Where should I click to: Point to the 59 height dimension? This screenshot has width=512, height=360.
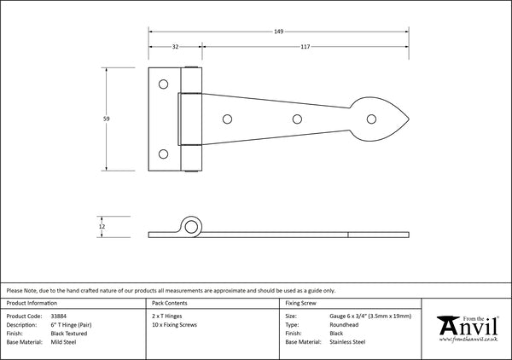point(105,120)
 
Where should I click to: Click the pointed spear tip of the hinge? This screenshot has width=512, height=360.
point(411,120)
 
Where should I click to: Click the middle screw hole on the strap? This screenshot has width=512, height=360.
point(297,120)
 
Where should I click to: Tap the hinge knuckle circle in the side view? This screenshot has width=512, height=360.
point(191,226)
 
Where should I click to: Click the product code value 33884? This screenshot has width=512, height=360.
point(61,314)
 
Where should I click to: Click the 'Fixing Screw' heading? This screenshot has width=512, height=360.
point(302,303)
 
